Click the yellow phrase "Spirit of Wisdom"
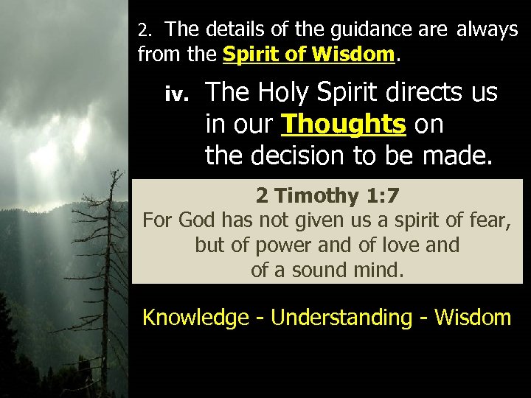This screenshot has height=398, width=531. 309,54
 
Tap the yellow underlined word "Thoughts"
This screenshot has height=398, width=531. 343,125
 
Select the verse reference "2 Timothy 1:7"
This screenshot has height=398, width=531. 327,195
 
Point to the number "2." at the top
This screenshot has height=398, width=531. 145,30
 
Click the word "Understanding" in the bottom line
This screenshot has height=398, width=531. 341,318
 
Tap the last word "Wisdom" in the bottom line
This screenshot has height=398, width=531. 473,318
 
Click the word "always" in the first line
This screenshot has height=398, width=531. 487,29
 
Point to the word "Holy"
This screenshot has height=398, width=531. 282,93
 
